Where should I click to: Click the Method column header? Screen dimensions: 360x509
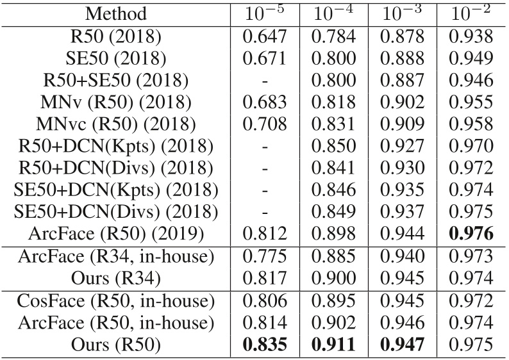(x=116, y=13)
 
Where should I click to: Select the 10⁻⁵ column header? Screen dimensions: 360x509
(x=265, y=13)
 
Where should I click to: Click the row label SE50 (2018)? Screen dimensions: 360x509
(x=116, y=59)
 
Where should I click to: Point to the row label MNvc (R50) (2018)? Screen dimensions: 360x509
(x=116, y=125)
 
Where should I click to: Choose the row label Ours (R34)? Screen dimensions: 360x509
(x=116, y=279)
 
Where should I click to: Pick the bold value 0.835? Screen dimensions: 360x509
(x=265, y=346)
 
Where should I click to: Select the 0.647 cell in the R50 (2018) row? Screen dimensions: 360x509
(x=265, y=37)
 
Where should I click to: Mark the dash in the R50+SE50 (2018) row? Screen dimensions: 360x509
(x=265, y=81)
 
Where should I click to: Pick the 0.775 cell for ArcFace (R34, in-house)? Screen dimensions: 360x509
(x=265, y=257)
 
